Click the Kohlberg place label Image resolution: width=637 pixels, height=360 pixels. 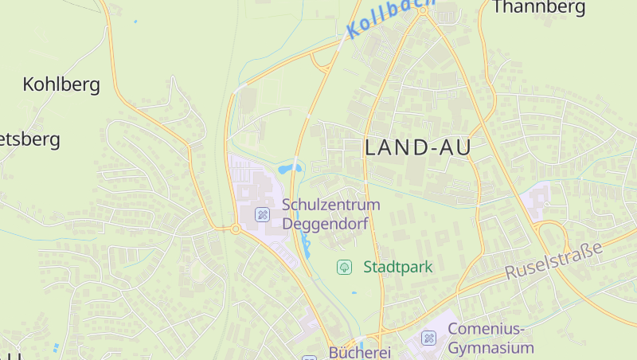(x=61, y=84)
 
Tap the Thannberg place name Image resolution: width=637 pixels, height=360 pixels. (x=539, y=8)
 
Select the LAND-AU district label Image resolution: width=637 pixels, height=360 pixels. (x=418, y=147)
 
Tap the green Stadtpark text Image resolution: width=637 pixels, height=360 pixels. (x=397, y=267)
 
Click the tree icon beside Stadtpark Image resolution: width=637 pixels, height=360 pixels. (x=344, y=267)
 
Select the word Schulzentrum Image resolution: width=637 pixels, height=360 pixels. (x=331, y=205)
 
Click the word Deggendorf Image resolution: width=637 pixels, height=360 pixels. (x=325, y=224)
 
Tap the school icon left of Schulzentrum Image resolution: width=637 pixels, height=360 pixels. (x=262, y=215)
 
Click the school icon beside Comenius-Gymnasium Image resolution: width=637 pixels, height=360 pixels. (x=429, y=338)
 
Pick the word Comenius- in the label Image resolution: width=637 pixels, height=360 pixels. (x=487, y=329)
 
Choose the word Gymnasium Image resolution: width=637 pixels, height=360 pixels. (x=490, y=348)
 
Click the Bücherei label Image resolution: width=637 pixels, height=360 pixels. (x=359, y=352)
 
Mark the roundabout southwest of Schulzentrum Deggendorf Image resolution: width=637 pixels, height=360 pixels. (x=236, y=229)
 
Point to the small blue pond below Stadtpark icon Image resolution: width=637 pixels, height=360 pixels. (x=354, y=292)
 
